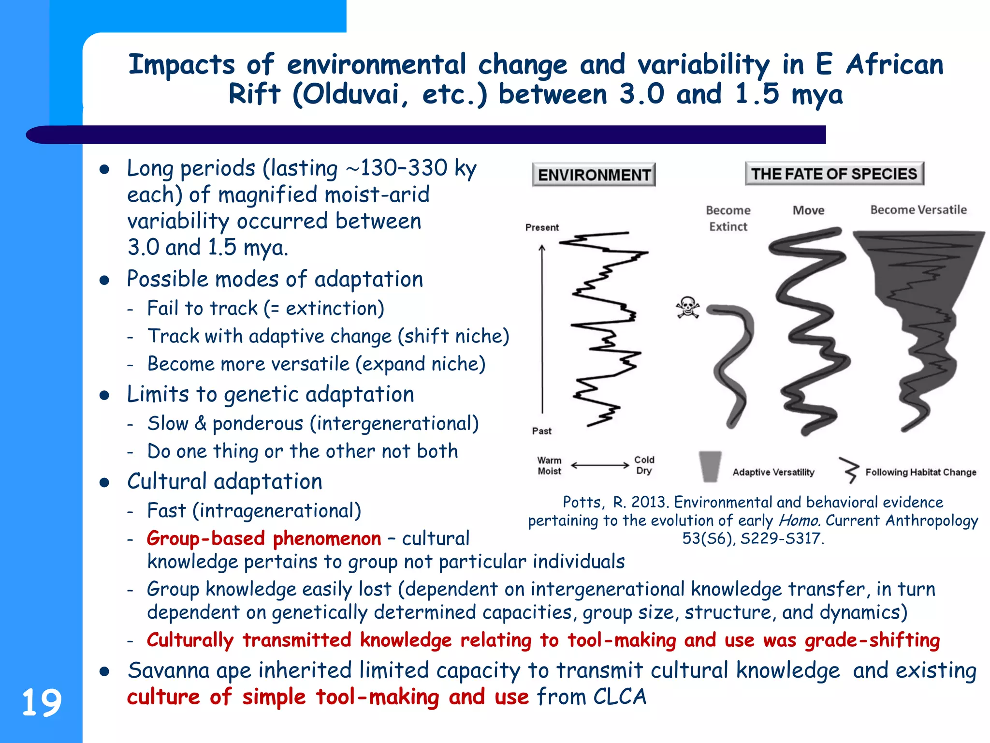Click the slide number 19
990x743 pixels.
coord(42,702)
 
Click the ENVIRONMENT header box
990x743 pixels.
coord(594,175)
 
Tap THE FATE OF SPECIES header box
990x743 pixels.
coord(834,174)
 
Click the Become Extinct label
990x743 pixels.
coord(728,218)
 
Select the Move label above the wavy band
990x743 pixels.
coord(808,210)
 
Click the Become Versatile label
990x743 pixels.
coord(918,210)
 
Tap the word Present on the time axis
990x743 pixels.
coord(542,227)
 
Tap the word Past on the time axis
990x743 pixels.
coord(541,431)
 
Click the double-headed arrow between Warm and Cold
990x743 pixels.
coord(600,465)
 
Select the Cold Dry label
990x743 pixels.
coord(644,465)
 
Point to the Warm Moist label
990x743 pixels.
coord(550,466)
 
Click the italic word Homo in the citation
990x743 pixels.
coord(799,520)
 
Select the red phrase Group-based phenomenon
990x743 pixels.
coord(264,538)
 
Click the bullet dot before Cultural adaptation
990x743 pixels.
coord(104,483)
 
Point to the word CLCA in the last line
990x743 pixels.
coord(619,697)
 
